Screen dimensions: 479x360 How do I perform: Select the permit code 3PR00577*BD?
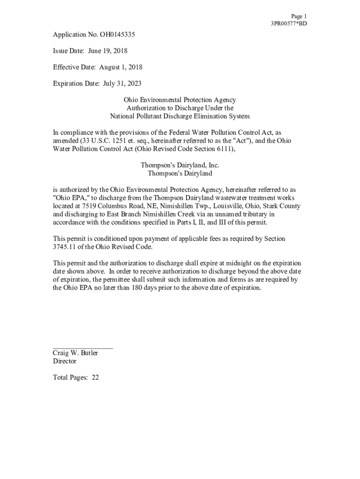(x=288, y=23)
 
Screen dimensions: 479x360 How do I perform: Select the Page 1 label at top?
(x=299, y=16)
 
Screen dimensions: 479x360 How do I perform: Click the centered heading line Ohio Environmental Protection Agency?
(x=180, y=100)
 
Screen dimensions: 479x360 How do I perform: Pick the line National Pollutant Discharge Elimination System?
(x=180, y=116)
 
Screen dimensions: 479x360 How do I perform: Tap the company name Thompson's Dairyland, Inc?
(x=180, y=165)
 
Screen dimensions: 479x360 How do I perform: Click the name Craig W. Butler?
(x=75, y=353)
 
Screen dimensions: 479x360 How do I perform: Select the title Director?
(x=65, y=361)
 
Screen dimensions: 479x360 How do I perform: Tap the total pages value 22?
(x=95, y=377)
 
